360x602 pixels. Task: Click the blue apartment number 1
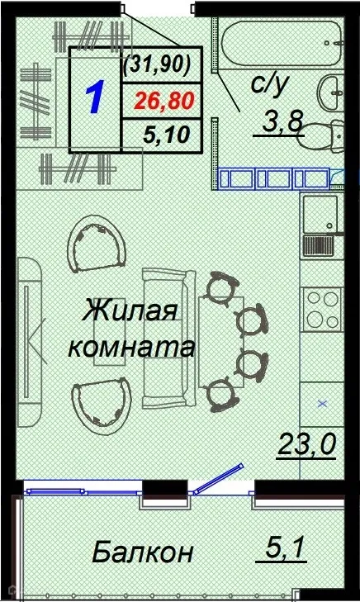tap(94, 97)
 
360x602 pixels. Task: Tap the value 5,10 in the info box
tap(162, 135)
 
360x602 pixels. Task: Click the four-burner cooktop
tap(322, 307)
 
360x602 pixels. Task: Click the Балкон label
tap(143, 551)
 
